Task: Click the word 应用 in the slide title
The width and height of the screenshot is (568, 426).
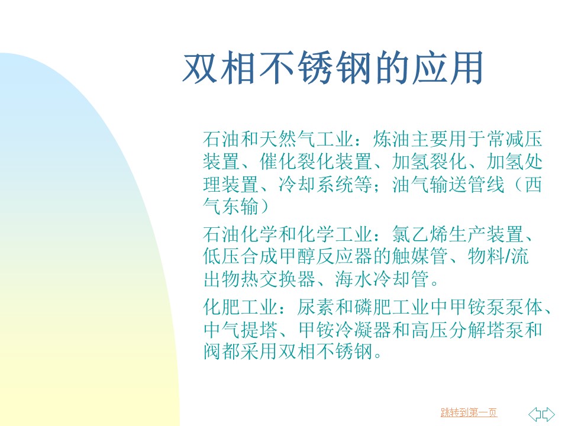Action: pos(448,67)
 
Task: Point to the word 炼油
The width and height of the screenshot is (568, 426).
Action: pos(392,139)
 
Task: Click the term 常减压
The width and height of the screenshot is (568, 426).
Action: pos(514,139)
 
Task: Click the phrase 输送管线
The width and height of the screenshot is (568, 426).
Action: pos(467,184)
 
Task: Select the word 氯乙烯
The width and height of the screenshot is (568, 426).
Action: pos(420,234)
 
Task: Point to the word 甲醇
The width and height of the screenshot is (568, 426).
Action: pos(297,256)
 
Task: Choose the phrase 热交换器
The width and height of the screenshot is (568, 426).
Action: pos(278,279)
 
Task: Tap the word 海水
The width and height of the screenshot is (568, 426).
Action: pos(354,279)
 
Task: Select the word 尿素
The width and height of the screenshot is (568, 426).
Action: pos(315,307)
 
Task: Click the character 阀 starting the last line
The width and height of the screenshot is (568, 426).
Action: pos(212,351)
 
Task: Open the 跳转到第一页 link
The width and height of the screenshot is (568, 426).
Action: pos(469,412)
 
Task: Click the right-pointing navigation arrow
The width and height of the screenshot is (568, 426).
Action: pos(548,414)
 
